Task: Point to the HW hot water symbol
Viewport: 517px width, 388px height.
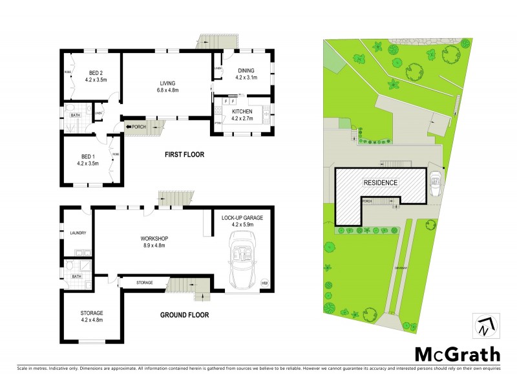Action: click(264, 283)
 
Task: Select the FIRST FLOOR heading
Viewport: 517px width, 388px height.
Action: click(184, 155)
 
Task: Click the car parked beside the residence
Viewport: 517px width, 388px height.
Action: click(436, 179)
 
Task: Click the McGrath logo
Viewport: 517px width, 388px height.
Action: click(458, 354)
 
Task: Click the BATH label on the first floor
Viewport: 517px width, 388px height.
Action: click(76, 115)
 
